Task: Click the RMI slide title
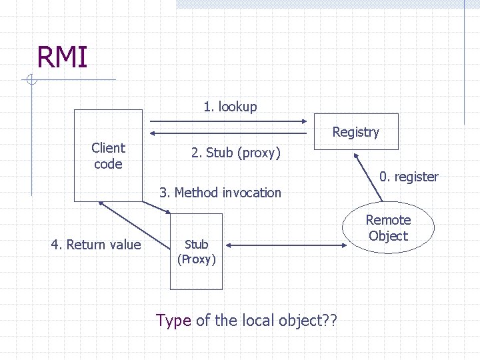[62, 57]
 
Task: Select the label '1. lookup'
[230, 107]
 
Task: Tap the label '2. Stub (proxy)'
[236, 153]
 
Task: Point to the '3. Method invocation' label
[220, 193]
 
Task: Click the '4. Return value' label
[96, 245]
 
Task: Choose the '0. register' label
[409, 177]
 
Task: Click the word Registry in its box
[355, 132]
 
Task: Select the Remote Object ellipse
[389, 228]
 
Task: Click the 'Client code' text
[108, 155]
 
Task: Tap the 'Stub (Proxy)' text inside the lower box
[196, 252]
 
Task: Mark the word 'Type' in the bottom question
[173, 321]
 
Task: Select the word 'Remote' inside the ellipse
[388, 220]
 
